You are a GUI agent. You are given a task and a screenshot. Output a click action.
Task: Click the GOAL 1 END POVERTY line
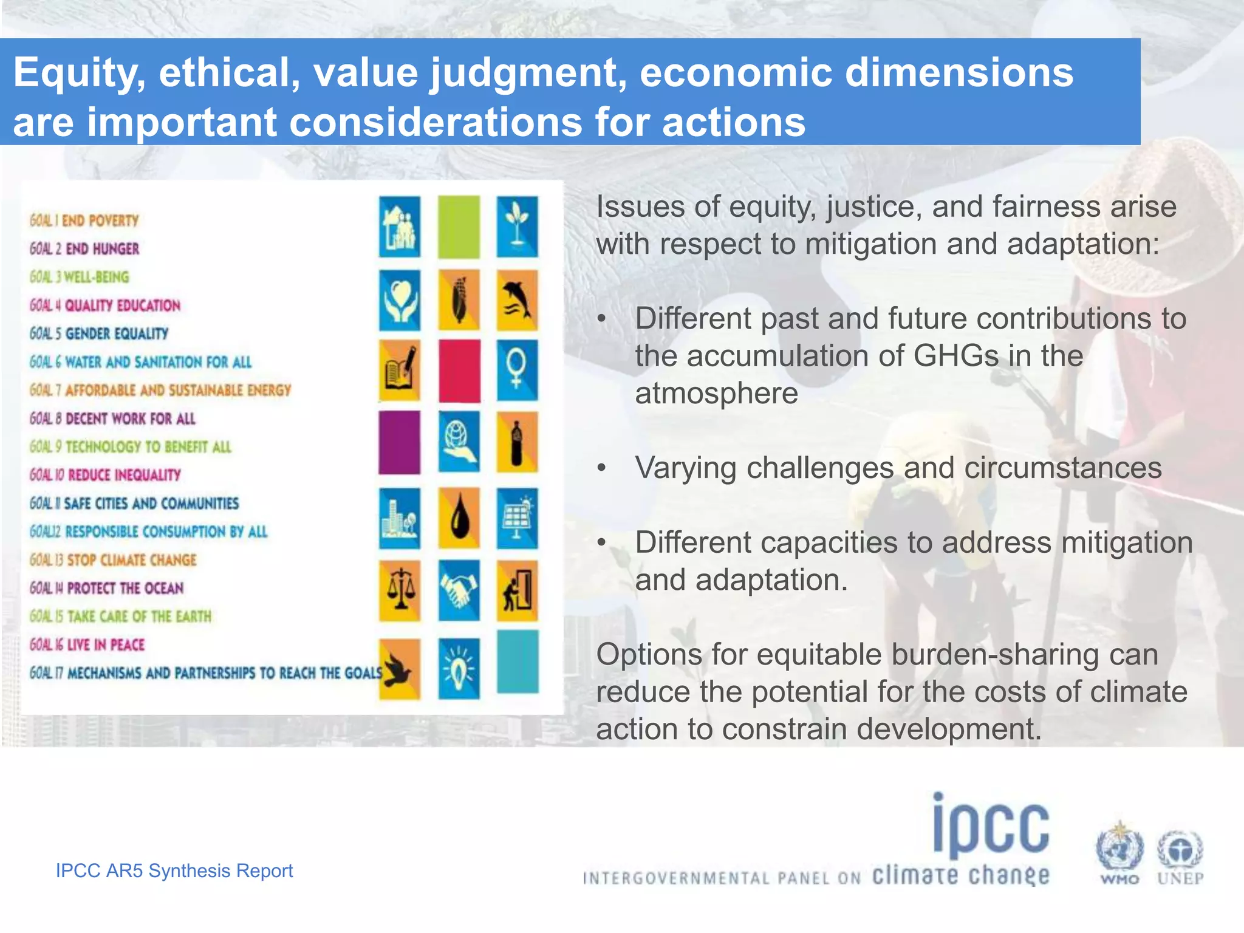(84, 220)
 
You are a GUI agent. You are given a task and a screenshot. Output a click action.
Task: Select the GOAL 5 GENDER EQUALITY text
(99, 333)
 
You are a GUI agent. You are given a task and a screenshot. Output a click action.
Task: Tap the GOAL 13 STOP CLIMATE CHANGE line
(113, 560)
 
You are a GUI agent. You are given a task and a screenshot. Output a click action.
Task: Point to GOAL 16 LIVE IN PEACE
(87, 645)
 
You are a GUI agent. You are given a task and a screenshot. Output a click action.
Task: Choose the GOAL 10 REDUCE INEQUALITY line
(105, 475)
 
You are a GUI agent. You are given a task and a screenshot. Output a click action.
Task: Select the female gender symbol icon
(517, 371)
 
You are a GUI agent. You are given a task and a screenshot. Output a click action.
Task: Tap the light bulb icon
(459, 668)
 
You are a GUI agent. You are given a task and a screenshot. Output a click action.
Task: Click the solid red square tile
(459, 371)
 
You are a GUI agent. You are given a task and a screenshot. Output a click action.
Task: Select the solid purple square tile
(399, 442)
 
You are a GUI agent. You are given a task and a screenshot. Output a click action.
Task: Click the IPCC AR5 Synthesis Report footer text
(174, 871)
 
